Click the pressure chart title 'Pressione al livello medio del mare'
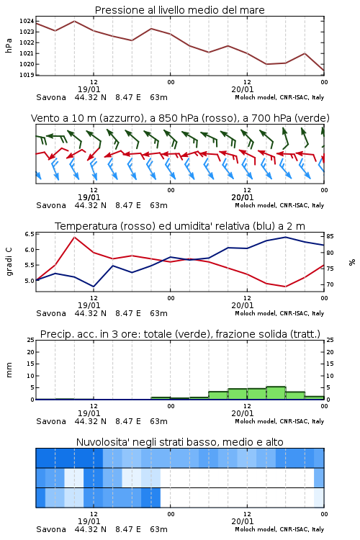click(179, 10)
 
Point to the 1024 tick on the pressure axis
click(27, 21)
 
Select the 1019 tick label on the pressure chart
click(27, 75)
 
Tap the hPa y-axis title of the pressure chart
click(9, 45)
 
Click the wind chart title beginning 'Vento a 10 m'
click(180, 118)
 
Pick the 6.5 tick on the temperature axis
click(30, 234)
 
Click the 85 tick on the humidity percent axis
click(330, 236)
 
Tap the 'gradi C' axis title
click(9, 262)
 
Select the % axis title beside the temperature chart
click(352, 262)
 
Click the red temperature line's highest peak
click(74, 237)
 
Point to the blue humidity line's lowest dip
click(94, 287)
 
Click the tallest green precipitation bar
click(276, 393)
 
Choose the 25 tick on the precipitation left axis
click(31, 340)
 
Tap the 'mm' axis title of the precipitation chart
click(9, 369)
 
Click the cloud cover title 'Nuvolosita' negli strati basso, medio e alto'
click(179, 442)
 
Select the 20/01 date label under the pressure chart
click(243, 89)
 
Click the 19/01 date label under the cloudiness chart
click(89, 521)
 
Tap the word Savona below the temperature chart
click(51, 313)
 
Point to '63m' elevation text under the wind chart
click(159, 205)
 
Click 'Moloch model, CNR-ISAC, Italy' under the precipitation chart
click(279, 421)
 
